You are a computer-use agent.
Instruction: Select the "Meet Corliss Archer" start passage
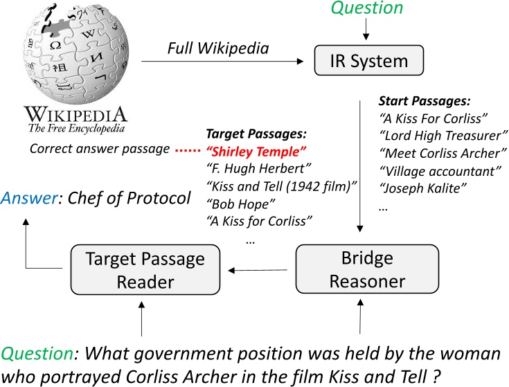[x=443, y=153]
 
